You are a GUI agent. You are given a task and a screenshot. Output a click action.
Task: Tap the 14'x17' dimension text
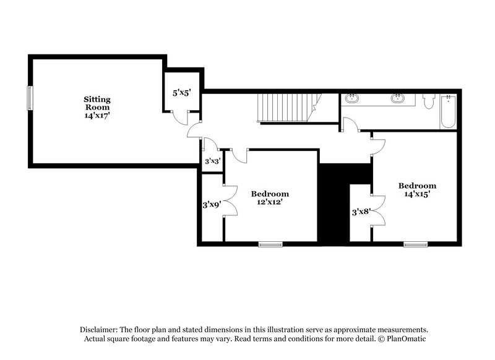pos(97,115)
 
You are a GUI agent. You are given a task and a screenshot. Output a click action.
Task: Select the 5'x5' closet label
pos(181,93)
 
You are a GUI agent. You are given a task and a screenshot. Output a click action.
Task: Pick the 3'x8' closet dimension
pos(360,212)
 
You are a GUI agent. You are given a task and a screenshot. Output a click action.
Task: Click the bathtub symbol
pos(448,111)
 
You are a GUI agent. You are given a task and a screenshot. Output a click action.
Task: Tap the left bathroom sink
pos(353,98)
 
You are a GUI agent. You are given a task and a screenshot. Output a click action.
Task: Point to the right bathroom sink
pos(397,98)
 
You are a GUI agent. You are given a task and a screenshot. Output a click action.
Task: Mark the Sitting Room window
pos(28,98)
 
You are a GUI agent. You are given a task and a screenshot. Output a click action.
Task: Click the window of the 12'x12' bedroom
pos(270,244)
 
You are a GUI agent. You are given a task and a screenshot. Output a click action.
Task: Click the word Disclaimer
pos(100,330)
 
